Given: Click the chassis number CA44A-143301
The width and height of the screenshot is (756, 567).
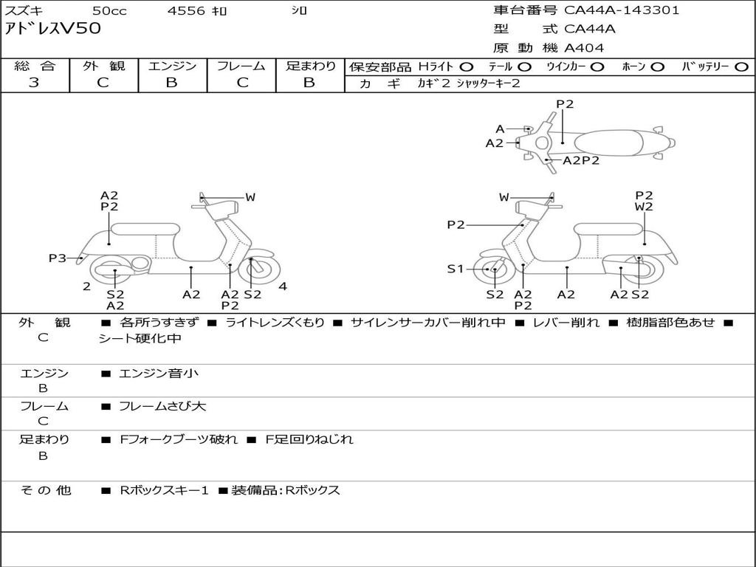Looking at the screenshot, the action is click(x=622, y=10).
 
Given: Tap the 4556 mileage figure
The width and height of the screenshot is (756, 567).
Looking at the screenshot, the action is click(x=186, y=11).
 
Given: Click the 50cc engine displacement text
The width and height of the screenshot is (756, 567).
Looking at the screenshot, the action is click(x=109, y=11).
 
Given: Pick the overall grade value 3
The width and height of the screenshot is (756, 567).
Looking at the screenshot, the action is click(x=34, y=83).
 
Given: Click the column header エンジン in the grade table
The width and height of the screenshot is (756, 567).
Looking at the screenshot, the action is click(x=172, y=66).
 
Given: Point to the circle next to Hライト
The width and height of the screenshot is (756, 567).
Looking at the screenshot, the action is click(x=467, y=66).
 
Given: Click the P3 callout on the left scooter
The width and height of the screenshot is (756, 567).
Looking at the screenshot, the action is click(x=58, y=258).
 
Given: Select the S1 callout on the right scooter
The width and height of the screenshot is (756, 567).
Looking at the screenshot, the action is click(x=456, y=269).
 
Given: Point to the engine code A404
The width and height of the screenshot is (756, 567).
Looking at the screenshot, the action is click(x=584, y=48).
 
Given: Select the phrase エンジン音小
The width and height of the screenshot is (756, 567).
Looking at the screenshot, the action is click(x=159, y=374).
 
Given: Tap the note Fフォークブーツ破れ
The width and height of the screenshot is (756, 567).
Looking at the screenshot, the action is click(x=179, y=439).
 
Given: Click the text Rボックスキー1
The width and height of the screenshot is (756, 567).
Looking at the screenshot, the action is click(x=165, y=490).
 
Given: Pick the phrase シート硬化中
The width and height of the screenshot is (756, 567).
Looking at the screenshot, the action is click(x=140, y=339).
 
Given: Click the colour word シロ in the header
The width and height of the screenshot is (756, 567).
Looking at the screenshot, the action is click(x=299, y=11).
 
